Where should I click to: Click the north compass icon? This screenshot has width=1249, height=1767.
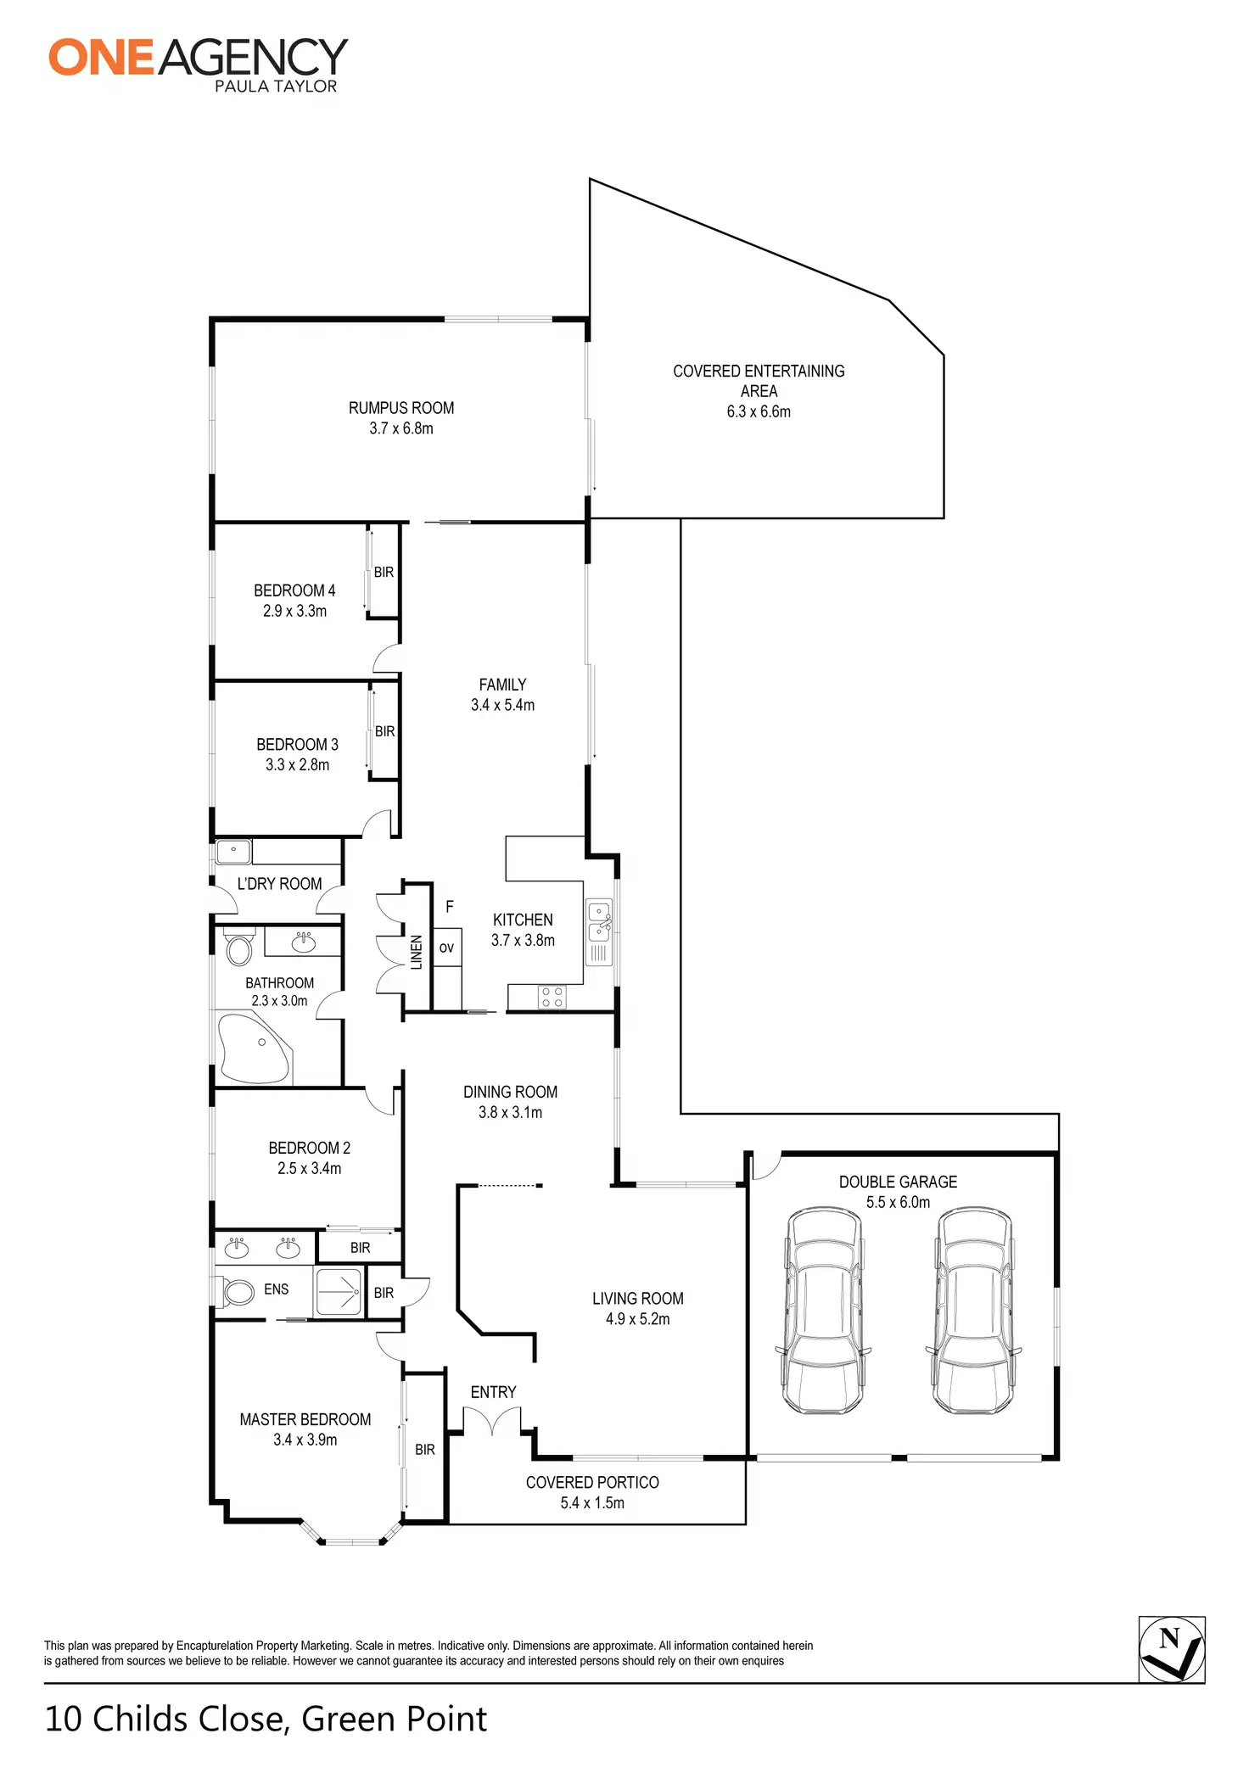click(1171, 1649)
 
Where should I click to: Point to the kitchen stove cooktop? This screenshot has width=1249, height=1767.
click(552, 997)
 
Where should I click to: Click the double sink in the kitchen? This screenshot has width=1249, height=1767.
click(599, 921)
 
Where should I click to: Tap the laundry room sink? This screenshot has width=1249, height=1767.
click(232, 850)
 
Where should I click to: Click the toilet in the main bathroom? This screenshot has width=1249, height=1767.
click(239, 948)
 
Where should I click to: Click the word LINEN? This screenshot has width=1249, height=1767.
click(417, 952)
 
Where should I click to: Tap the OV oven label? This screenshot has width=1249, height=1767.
click(446, 948)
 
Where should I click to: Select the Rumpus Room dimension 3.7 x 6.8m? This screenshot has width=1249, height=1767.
click(400, 428)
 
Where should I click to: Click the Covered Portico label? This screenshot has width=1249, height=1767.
click(592, 1482)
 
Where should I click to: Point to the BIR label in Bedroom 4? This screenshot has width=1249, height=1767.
click(384, 573)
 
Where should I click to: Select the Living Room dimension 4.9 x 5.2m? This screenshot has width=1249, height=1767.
click(637, 1319)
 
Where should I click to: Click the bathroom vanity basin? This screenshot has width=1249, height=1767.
click(303, 941)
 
